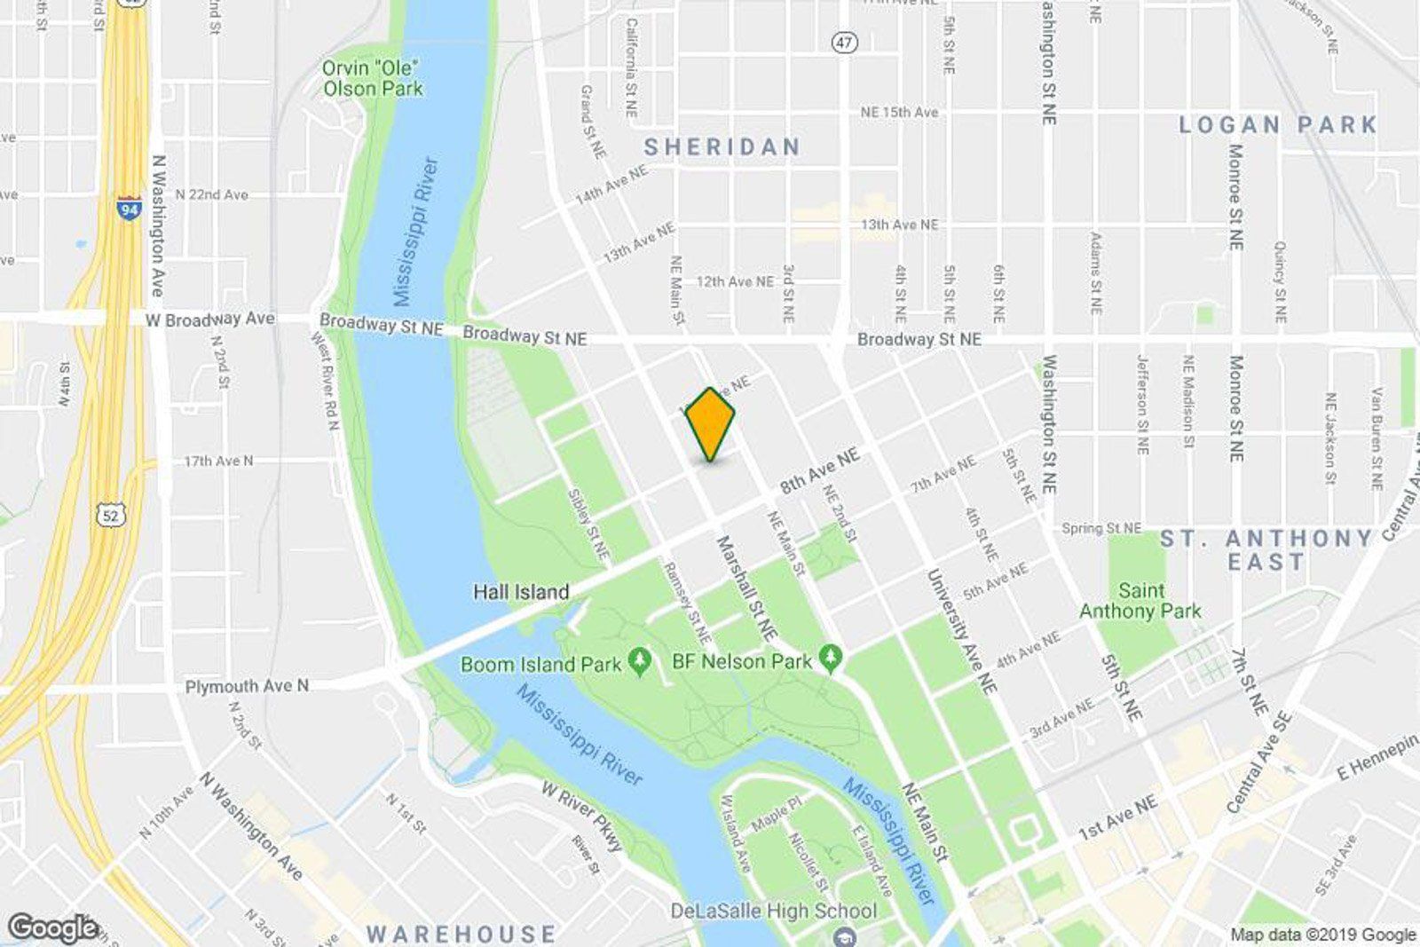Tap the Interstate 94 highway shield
point(129,208)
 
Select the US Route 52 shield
point(114,514)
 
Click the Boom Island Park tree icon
point(640,661)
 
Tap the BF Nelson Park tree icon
point(831,659)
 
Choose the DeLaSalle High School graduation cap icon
point(845,935)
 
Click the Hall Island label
point(521,592)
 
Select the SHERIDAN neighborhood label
point(722,146)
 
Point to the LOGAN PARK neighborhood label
point(1278,125)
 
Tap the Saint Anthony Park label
point(1140,601)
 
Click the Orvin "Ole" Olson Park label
point(372,78)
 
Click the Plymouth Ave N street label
point(247,686)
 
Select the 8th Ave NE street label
point(820,471)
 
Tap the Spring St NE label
point(1101,528)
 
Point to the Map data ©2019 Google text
point(1322,935)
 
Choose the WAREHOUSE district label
point(461,934)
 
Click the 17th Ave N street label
point(218,461)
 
